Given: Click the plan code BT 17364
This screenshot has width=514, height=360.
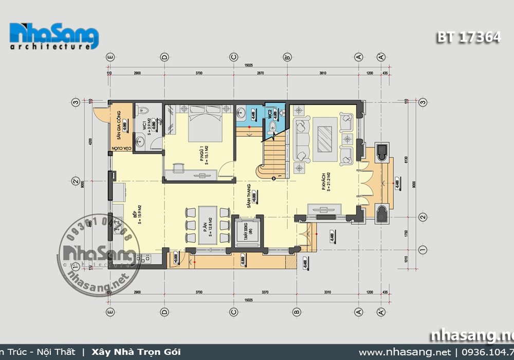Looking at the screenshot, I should tap(468, 38).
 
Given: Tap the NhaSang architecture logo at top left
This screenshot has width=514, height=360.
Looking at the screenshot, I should tap(54, 36).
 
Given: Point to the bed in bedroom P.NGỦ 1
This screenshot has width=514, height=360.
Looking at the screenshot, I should tap(205, 122).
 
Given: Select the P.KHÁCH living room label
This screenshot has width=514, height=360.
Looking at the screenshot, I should tap(325, 182).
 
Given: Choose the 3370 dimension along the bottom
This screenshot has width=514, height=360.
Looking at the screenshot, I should tap(264, 292).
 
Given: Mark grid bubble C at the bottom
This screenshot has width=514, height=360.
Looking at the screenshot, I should tap(233, 311).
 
